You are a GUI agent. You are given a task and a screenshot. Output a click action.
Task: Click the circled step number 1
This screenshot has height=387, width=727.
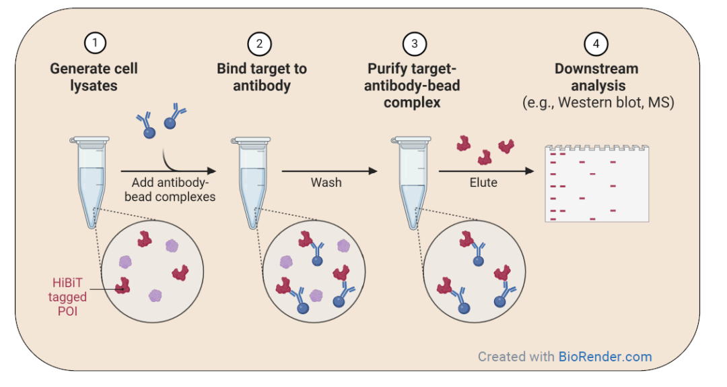point(95,43)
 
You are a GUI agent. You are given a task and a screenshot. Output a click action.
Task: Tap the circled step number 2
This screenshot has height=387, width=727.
point(259,44)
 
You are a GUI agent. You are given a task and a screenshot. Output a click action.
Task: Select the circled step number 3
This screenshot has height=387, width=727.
point(414,44)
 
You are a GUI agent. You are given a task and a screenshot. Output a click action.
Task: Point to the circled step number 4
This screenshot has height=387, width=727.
point(596,44)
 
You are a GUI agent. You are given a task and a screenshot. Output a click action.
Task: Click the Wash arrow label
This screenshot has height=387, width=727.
point(326,183)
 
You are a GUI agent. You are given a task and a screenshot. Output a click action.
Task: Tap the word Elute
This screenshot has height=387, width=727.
point(483,183)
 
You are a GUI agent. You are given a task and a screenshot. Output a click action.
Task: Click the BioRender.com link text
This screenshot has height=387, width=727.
point(605,357)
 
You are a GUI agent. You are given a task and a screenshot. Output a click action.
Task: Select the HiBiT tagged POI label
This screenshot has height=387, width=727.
point(67,297)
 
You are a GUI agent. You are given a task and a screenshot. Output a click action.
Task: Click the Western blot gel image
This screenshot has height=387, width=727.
point(596,183)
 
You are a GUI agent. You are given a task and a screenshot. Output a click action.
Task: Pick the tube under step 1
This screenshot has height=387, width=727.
point(90,181)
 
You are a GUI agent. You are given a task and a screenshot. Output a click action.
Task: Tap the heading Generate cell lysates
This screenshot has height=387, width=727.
point(94,77)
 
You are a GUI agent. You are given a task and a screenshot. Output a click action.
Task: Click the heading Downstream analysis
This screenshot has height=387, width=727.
point(597,77)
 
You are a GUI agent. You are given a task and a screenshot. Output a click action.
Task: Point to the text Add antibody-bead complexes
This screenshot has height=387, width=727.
point(170,189)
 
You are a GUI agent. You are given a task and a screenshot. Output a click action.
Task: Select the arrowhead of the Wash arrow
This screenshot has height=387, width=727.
point(373,171)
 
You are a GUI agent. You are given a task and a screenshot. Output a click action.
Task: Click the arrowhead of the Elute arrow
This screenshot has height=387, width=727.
point(530,171)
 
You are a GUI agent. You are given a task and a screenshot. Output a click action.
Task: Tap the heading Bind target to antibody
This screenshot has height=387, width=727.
point(262,77)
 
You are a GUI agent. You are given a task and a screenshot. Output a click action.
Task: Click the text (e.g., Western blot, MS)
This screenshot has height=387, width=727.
point(598,102)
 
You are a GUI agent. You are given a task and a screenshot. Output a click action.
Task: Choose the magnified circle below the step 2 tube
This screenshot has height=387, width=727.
point(314,272)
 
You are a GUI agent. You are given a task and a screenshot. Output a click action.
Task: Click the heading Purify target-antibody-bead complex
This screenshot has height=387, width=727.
point(412,86)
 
